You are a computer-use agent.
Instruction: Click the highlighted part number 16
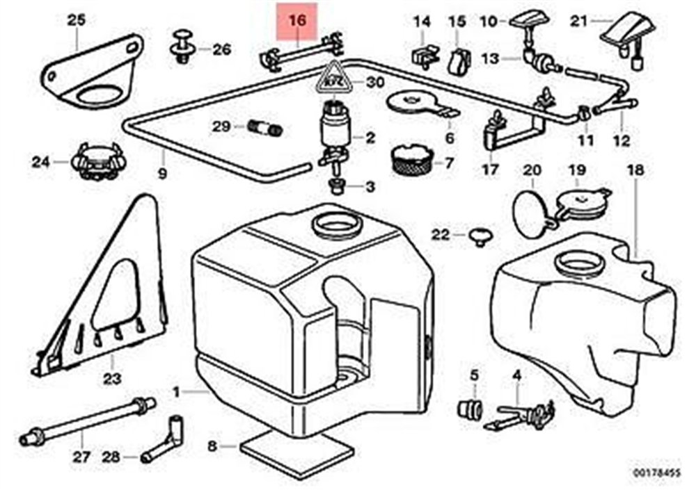[297, 22]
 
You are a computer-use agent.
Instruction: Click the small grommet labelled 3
[336, 186]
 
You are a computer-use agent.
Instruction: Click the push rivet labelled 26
[183, 47]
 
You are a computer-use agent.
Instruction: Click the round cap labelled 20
[532, 204]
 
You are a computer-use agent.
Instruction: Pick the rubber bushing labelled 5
[470, 407]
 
